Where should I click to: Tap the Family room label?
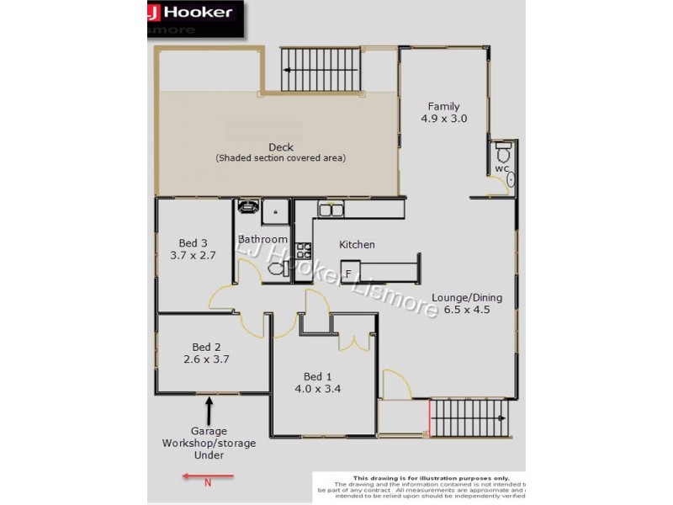pyautogui.click(x=443, y=106)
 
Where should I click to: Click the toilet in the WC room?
pyautogui.click(x=503, y=154)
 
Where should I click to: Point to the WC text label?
pyautogui.click(x=501, y=169)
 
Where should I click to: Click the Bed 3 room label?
pyautogui.click(x=193, y=243)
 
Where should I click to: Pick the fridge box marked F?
pyautogui.click(x=347, y=273)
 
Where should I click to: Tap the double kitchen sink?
pyautogui.click(x=330, y=210)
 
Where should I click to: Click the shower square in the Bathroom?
pyautogui.click(x=274, y=211)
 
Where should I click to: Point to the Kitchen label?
pyautogui.click(x=357, y=245)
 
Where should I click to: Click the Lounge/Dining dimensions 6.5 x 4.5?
pyautogui.click(x=461, y=309)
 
